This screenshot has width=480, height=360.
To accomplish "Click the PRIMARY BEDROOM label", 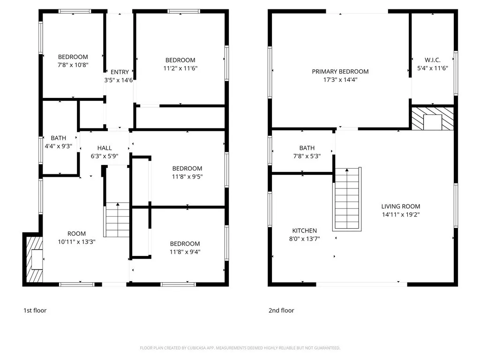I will pyautogui.click(x=340, y=72).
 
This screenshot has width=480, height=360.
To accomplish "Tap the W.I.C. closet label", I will pyautogui.click(x=432, y=60).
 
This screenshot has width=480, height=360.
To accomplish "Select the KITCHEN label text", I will pyautogui.click(x=305, y=231).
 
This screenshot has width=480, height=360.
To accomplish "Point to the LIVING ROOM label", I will pyautogui.click(x=400, y=206).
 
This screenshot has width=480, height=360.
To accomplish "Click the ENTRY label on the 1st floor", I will pyautogui.click(x=120, y=72).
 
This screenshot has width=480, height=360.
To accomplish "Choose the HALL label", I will pyautogui.click(x=105, y=148).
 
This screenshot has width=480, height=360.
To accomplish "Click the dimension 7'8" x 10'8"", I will pyautogui.click(x=73, y=65).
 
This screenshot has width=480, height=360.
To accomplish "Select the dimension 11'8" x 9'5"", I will pyautogui.click(x=187, y=177).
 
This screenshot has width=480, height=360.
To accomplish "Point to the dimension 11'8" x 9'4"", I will pyautogui.click(x=185, y=252).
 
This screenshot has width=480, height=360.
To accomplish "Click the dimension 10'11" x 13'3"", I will pyautogui.click(x=76, y=242).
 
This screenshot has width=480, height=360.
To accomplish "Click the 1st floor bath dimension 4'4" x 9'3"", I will pyautogui.click(x=59, y=146).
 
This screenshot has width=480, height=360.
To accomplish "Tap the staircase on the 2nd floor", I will pyautogui.click(x=347, y=199).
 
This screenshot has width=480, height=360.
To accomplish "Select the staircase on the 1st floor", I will pyautogui.click(x=117, y=219).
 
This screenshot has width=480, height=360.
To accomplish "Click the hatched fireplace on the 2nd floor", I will pyautogui.click(x=433, y=119).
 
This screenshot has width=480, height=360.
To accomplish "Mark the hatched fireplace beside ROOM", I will pyautogui.click(x=33, y=259).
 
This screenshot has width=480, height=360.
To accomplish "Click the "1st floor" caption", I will pyautogui.click(x=35, y=310).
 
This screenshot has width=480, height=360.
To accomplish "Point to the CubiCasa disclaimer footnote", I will pyautogui.click(x=240, y=348).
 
